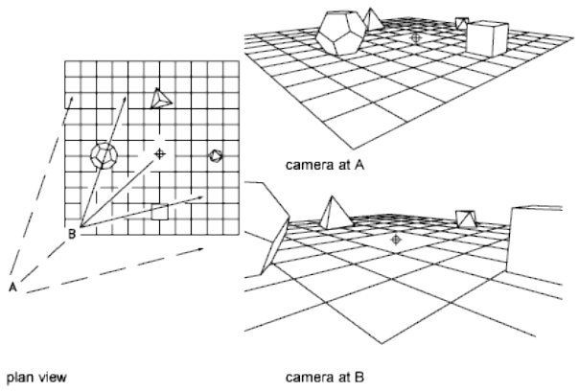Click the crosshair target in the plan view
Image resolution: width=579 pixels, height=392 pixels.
[160, 153]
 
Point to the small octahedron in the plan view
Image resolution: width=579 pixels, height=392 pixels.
[216, 154]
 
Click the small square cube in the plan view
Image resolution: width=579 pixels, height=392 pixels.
[160, 211]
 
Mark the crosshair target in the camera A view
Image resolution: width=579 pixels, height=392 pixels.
[415, 36]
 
